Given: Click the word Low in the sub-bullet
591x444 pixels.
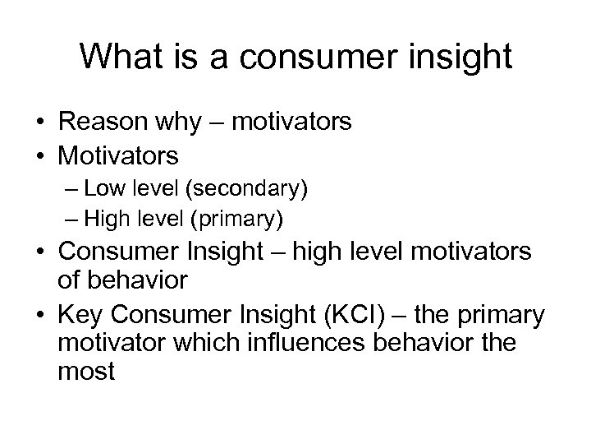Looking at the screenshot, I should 101,190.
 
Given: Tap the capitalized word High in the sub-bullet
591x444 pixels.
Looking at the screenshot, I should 103,218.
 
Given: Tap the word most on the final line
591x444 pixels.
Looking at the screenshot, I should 86,372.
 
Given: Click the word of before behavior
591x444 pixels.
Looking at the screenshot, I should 68,280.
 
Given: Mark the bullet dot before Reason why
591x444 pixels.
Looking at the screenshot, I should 39,123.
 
